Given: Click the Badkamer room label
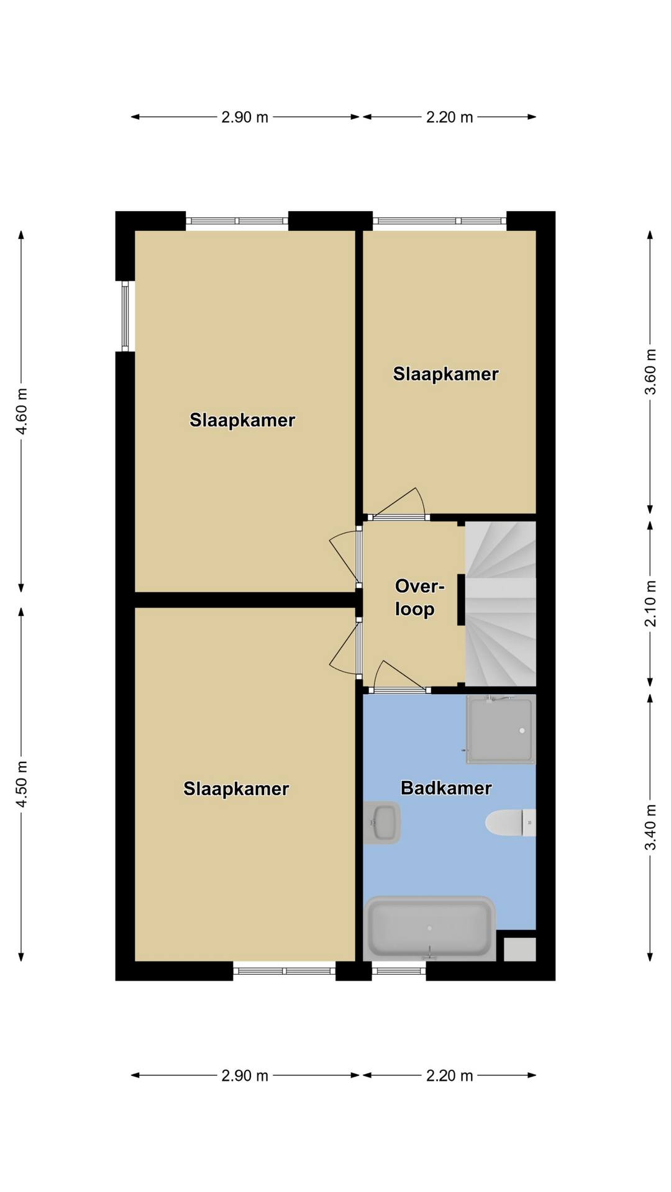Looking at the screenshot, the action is (x=446, y=788).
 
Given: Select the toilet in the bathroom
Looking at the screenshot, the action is (x=510, y=823).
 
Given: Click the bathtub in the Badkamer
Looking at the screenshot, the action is (x=430, y=928).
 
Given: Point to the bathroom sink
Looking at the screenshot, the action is (x=381, y=823).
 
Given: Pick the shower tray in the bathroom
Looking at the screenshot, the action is (x=500, y=729).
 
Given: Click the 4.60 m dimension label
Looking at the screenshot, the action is (x=22, y=411).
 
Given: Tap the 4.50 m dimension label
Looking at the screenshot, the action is (x=22, y=783).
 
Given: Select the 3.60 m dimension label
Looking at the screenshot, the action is (x=650, y=372).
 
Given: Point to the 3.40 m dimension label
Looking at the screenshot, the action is (x=650, y=827).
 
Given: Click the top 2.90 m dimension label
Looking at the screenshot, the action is (x=245, y=117).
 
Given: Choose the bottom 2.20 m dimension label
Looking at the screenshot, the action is (x=449, y=1075).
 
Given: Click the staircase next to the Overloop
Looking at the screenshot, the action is (x=500, y=603).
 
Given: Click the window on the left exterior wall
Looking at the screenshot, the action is (x=125, y=316).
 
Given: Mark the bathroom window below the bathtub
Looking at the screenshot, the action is (x=399, y=971).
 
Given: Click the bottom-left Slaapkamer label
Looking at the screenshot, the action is (x=236, y=788).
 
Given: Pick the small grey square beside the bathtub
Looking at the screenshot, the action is (x=519, y=949).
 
